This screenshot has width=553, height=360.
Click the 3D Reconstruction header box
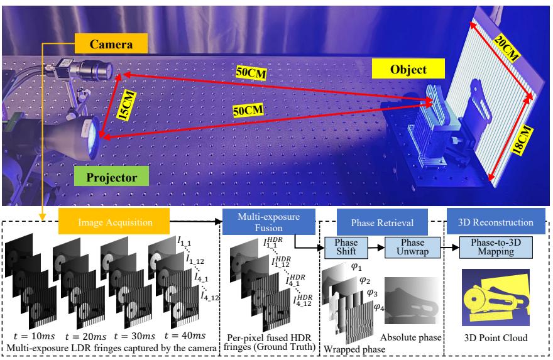[x=492, y=223]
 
